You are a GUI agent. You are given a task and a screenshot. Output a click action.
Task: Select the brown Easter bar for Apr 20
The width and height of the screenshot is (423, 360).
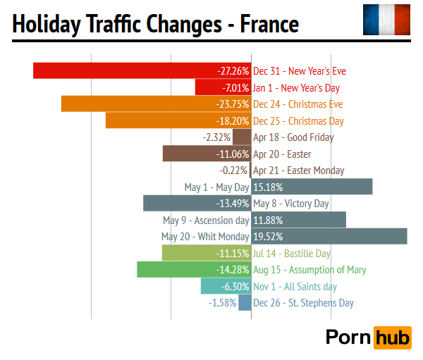pyautogui.click(x=190, y=154)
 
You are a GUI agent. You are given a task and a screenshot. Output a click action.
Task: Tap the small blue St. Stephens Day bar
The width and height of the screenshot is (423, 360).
pyautogui.click(x=245, y=302)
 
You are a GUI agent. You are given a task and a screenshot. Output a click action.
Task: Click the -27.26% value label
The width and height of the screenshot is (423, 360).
pyautogui.click(x=233, y=71)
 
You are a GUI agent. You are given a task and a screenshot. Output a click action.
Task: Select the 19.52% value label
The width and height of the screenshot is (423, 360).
pyautogui.click(x=267, y=237)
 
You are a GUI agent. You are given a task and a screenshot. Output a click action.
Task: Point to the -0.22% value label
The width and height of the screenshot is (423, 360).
pyautogui.click(x=233, y=170)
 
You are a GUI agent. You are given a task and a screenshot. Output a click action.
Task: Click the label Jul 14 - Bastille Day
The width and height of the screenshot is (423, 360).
pyautogui.click(x=292, y=253)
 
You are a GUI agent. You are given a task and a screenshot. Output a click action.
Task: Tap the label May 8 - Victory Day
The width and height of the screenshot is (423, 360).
pyautogui.click(x=291, y=204)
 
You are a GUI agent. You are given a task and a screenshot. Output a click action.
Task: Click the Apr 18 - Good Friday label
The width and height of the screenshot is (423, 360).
pyautogui.click(x=293, y=137)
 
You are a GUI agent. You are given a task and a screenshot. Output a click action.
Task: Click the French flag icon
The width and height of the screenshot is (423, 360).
pyautogui.click(x=386, y=20)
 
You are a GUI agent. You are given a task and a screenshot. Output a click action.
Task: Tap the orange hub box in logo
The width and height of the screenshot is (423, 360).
pyautogui.click(x=392, y=337)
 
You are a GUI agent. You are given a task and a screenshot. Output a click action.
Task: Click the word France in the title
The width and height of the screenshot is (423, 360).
pyautogui.click(x=269, y=25)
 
